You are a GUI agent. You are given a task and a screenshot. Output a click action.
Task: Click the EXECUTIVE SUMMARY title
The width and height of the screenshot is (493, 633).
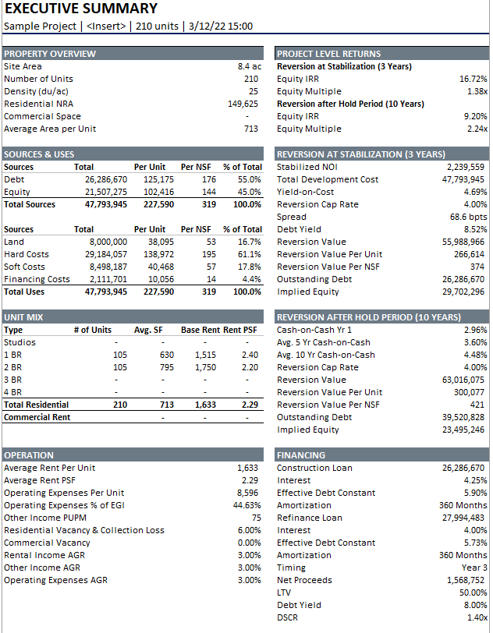tap(81, 9)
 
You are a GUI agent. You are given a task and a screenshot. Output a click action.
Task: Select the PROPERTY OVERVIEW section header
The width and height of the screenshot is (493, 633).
tap(50, 54)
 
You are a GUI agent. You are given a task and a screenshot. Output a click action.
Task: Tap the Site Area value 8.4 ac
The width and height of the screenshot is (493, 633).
tap(249, 66)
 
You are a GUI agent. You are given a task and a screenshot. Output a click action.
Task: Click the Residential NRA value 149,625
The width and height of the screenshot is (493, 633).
tap(243, 104)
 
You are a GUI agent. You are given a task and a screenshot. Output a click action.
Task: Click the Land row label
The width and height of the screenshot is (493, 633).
tap(14, 242)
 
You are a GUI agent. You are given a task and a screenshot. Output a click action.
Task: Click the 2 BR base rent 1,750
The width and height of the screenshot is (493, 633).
tap(205, 367)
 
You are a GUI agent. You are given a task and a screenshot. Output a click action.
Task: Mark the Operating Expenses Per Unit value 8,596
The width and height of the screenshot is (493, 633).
tap(247, 493)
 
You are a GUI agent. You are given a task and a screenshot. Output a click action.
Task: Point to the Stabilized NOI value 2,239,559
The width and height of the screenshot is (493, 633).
tap(465, 167)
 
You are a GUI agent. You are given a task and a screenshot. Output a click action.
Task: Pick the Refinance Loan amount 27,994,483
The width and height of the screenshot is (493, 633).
tap(463, 518)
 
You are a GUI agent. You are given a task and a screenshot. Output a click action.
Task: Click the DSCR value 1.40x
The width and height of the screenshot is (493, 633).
tap(475, 617)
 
